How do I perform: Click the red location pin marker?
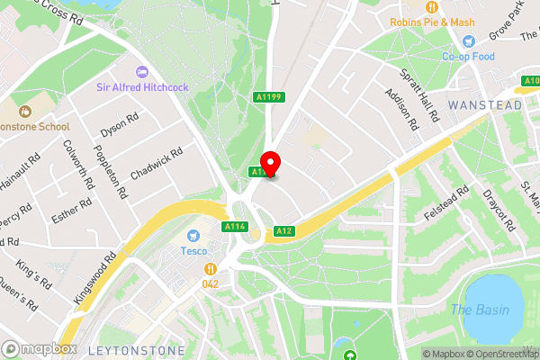271,165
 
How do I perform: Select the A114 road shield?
235,226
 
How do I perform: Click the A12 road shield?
284,231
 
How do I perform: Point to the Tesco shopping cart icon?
191,235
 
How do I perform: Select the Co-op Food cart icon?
468,41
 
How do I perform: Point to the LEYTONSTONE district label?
136,348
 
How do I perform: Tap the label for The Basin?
480,310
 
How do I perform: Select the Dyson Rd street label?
120,124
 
